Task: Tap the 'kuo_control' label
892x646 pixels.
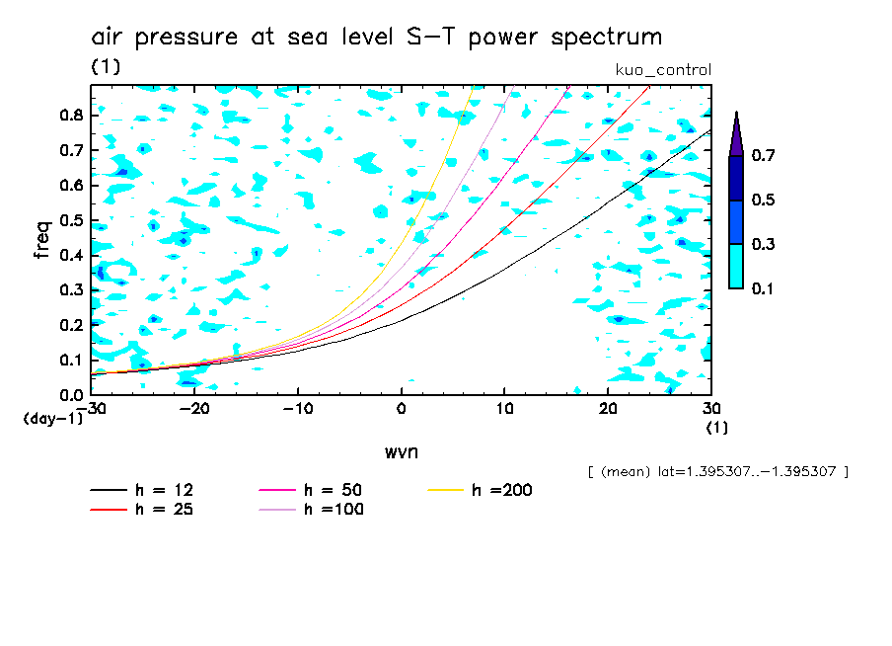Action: (x=662, y=70)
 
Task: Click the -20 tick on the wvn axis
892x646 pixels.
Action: (x=194, y=408)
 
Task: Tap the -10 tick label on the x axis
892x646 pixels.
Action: (x=298, y=408)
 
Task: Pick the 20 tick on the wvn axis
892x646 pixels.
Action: (x=608, y=408)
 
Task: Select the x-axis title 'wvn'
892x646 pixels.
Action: (x=401, y=451)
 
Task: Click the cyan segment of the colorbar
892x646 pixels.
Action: (x=736, y=266)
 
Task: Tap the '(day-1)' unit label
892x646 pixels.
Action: (x=52, y=419)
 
